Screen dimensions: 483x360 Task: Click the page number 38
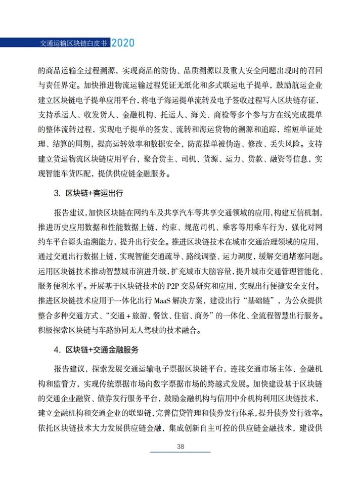tap(180, 446)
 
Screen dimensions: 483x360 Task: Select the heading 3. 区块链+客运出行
tap(88, 193)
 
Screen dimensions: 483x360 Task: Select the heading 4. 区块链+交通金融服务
tap(97, 349)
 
